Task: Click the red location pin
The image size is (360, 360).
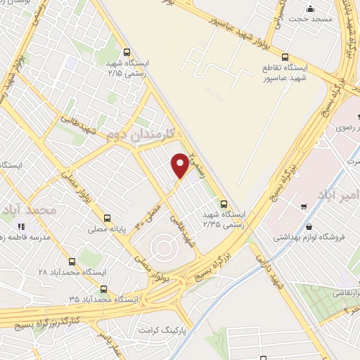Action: (x=180, y=165)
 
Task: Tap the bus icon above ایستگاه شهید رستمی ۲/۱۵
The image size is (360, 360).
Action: (x=127, y=51)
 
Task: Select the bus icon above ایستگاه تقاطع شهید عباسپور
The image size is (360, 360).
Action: (x=285, y=58)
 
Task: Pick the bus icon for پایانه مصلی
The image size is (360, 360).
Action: (x=107, y=218)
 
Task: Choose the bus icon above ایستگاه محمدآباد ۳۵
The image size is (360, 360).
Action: (x=103, y=288)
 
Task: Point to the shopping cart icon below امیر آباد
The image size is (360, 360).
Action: (x=303, y=207)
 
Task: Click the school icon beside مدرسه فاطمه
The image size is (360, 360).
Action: (x=20, y=226)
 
